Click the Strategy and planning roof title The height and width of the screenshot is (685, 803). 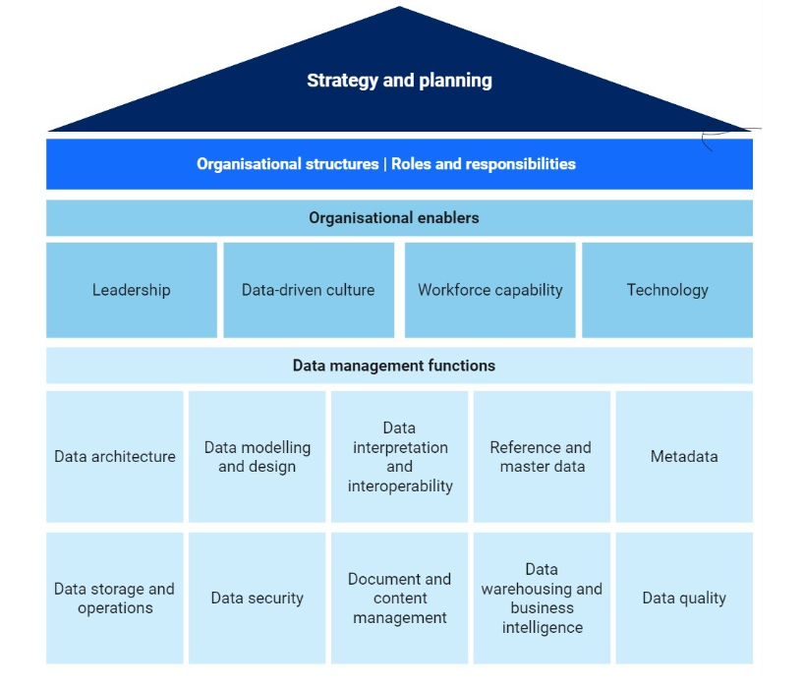pos(399,81)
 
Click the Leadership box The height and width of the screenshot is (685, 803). pos(132,290)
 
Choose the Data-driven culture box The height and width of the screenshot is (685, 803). pos(309,290)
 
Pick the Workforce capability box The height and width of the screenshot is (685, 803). pos(490,290)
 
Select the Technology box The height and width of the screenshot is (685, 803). pos(667,290)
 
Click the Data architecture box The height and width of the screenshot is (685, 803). pos(115,457)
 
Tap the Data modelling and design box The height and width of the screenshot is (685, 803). pos(258,457)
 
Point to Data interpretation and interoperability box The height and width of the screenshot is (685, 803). pos(400,457)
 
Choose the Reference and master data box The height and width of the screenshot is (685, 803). pos(542,457)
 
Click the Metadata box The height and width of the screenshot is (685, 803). pos(684,457)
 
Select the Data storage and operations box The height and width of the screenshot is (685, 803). pos(115,599)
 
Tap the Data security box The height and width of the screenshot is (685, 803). pos(258,599)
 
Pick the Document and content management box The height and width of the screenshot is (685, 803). pos(400,599)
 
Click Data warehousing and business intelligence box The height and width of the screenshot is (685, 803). pos(542,599)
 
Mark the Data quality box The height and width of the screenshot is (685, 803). pos(684,599)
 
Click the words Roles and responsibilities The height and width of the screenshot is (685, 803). pos(484,164)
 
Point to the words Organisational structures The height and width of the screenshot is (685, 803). pos(287,164)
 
